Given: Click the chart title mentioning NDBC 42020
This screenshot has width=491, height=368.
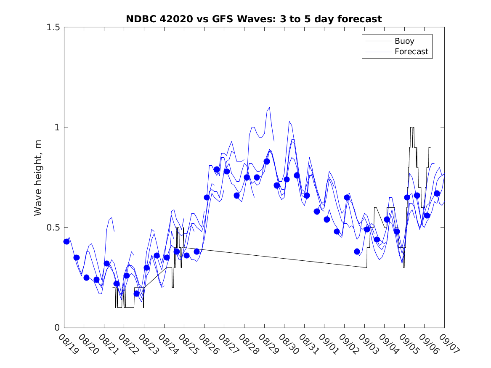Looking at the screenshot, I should click(254, 19).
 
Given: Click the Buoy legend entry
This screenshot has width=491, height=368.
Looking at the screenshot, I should click(404, 41).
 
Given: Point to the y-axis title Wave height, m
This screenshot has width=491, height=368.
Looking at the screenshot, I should click(38, 177).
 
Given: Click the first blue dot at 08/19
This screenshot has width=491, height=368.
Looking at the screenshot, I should click(66, 241).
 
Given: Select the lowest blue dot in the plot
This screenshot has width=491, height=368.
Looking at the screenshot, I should click(136, 294).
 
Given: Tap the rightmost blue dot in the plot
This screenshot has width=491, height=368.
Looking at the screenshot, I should click(437, 193).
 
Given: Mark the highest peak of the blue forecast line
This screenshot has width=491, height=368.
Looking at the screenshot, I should click(269, 108).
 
